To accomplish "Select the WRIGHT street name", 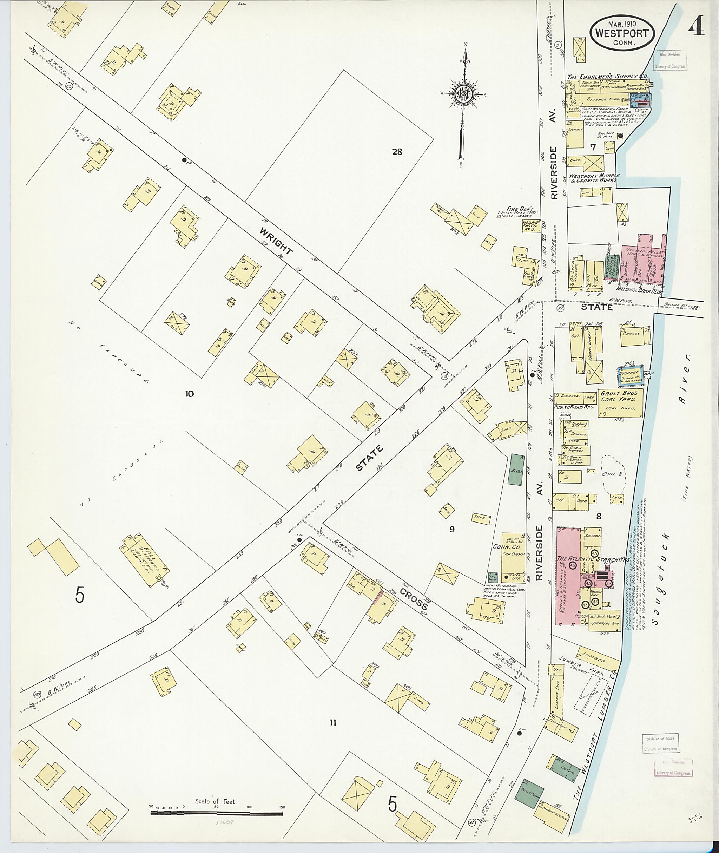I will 276,241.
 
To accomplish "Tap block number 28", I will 397,152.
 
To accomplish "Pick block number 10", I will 189,393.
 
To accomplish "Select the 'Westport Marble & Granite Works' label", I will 593,178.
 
